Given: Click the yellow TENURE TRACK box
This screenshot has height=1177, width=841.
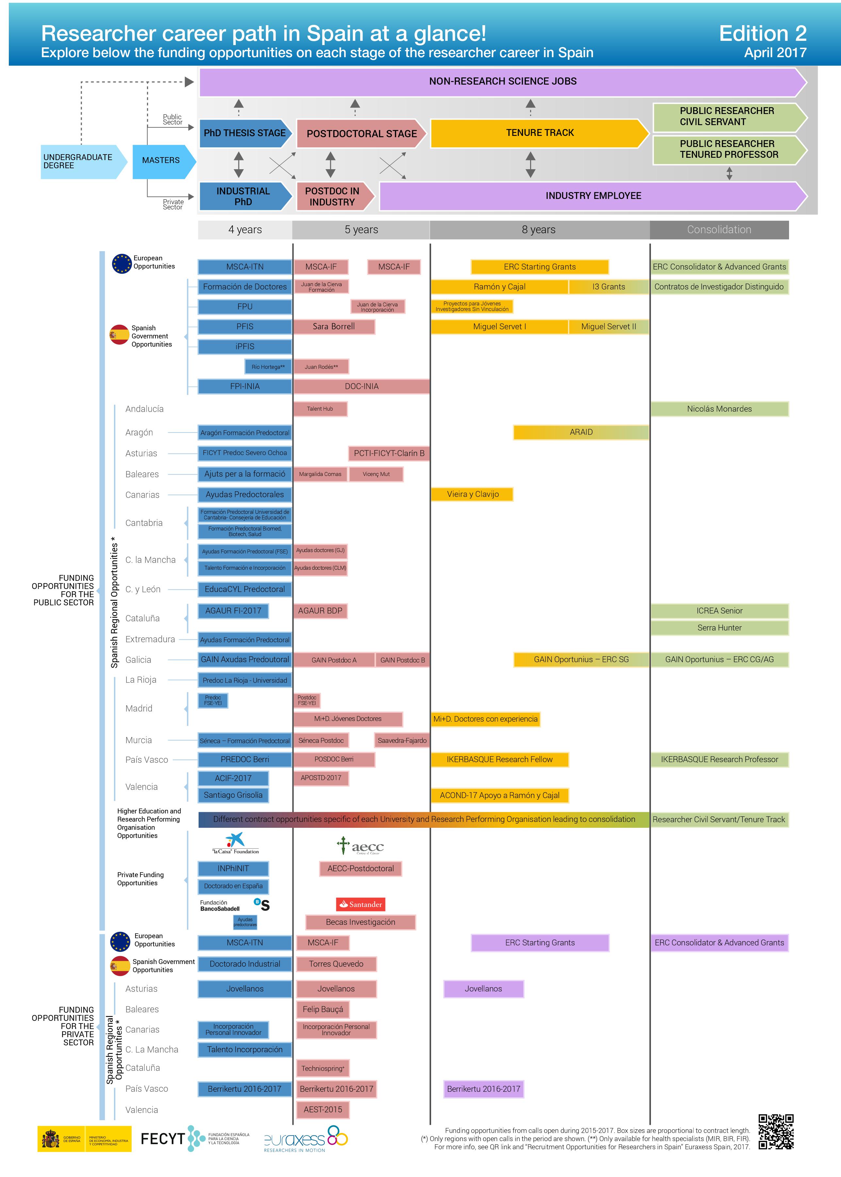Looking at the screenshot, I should [539, 133].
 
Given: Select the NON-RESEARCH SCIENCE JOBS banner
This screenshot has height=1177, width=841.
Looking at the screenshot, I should [502, 81].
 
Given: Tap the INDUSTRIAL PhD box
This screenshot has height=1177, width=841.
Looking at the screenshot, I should [243, 196].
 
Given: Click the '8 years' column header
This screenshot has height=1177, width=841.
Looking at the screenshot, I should [539, 229].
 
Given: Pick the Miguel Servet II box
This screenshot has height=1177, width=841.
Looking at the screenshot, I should [608, 327].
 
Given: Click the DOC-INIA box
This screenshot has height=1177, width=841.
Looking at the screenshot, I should [362, 386].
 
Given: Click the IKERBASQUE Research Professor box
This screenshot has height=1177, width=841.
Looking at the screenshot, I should [719, 760].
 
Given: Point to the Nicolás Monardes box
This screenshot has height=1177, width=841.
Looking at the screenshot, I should [719, 409].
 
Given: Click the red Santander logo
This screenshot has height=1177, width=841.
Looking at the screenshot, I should [361, 905].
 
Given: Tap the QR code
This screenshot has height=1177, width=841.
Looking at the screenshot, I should [776, 1132].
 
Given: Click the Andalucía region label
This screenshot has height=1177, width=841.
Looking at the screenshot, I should [144, 409].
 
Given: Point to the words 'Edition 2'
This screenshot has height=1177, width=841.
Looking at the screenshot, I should [762, 34].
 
